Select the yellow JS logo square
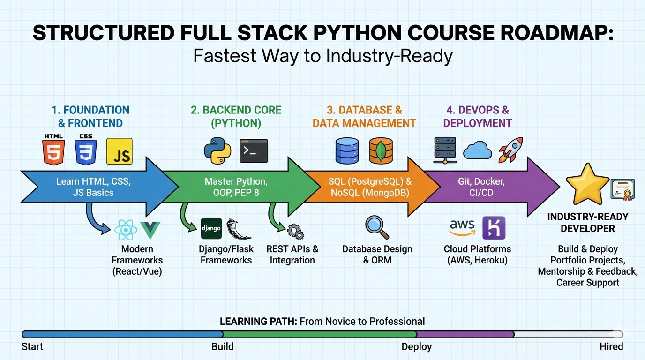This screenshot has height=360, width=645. (x=120, y=151)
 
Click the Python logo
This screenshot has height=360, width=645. (x=217, y=150)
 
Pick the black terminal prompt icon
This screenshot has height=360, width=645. (x=254, y=150)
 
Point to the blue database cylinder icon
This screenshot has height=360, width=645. (x=347, y=151)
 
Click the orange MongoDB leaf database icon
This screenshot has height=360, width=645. (x=381, y=151)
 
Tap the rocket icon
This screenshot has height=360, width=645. (x=510, y=150)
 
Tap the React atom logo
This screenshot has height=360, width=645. (x=126, y=230)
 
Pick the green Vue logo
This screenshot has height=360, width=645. (x=150, y=230)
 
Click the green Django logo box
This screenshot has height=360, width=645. (x=211, y=228)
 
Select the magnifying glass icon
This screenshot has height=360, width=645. (x=377, y=227)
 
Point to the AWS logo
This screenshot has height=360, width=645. (x=462, y=228)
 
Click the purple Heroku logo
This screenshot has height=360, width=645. (x=494, y=228)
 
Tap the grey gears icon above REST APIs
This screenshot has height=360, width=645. (x=295, y=232)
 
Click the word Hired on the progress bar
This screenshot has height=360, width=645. (x=611, y=347)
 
